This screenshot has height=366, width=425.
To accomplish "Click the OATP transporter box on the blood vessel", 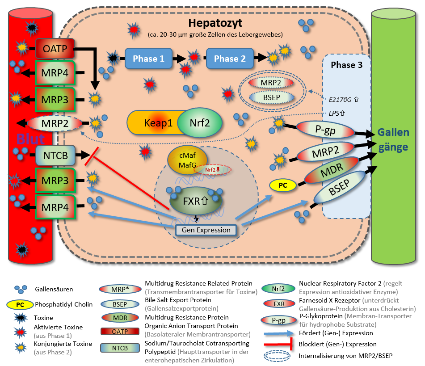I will click(55, 47).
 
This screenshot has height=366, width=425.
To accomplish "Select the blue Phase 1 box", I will click(148, 59).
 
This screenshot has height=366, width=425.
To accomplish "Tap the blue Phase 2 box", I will click(229, 59).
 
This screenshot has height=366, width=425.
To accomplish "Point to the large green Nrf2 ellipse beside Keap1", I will click(200, 123).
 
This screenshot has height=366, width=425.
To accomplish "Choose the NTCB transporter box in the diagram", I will click(55, 156).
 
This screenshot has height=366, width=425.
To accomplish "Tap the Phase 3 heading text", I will click(346, 65).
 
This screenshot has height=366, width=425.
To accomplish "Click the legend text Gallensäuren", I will click(54, 290).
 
